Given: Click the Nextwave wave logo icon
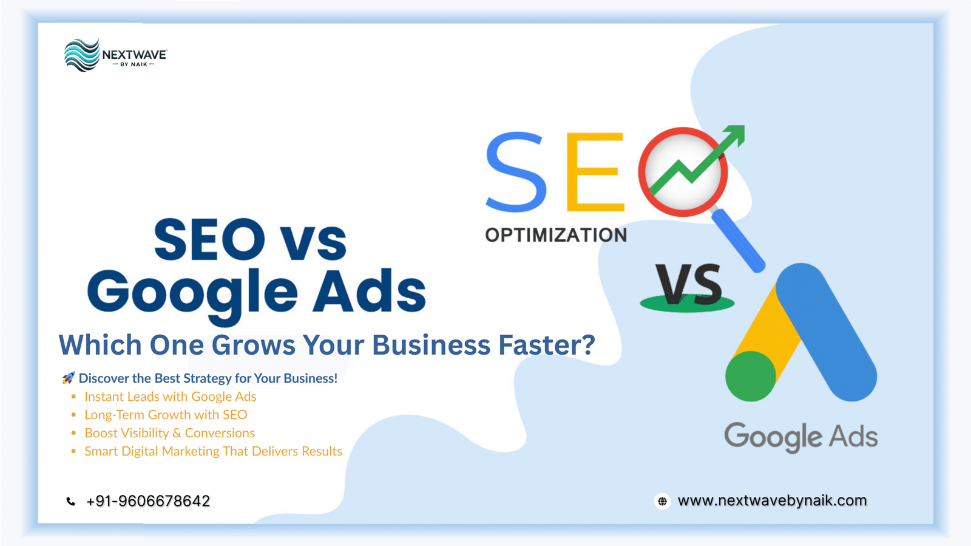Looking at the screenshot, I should [x=82, y=55].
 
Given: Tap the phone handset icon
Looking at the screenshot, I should [x=71, y=501].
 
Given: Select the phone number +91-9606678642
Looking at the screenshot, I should [x=148, y=501].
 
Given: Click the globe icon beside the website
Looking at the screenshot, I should [x=662, y=501].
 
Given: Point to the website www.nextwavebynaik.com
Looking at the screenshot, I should [x=772, y=500].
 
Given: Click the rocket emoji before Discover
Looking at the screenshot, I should [x=68, y=378].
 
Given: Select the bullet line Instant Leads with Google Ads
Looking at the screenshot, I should [x=171, y=397].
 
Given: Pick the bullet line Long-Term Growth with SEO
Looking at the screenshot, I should [x=166, y=415].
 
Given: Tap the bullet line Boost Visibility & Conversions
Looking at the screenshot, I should [x=169, y=433].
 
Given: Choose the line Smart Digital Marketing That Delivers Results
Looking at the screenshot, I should [x=213, y=451].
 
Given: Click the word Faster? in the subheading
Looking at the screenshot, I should [x=546, y=345].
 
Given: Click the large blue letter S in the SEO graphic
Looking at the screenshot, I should [x=516, y=172].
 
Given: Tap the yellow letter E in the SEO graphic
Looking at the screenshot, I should [x=595, y=172].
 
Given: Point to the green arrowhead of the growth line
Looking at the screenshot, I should [x=735, y=134].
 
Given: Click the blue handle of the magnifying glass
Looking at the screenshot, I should [x=739, y=241].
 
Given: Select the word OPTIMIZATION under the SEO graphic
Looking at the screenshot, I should [x=556, y=235].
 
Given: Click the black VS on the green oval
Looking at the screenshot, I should [x=689, y=285].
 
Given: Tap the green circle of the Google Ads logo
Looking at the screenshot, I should [x=751, y=376].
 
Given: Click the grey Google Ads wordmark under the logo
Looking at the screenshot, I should [x=801, y=437].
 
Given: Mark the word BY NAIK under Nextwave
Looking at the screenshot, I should [x=134, y=64].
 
